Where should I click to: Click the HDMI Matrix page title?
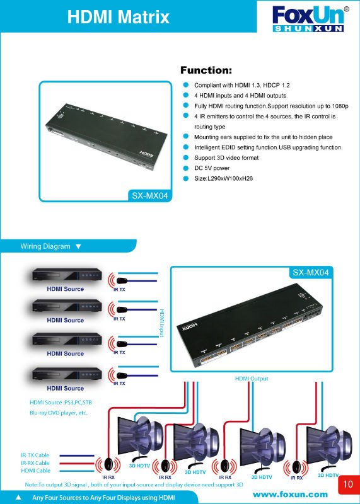tap(118, 17)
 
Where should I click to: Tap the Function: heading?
tap(206, 70)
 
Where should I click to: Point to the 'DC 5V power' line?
tap(212, 168)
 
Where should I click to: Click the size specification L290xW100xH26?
tap(223, 178)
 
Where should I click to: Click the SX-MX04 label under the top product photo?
tap(150, 196)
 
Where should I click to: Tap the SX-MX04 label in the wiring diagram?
tap(311, 273)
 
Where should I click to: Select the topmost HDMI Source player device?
tap(67, 275)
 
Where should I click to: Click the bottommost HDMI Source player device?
tap(67, 374)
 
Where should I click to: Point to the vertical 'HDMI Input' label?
tap(162, 323)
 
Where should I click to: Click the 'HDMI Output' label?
tap(252, 379)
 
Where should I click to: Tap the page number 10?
tap(348, 484)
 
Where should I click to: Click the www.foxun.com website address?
tap(290, 495)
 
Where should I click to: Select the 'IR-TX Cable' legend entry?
tap(35, 455)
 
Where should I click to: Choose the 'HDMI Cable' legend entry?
tap(36, 471)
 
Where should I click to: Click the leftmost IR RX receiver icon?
tap(108, 465)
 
